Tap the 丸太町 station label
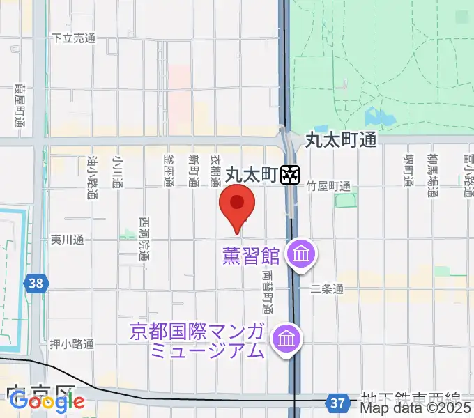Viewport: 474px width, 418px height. tap(251, 174)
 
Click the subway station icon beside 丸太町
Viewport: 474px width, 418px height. tap(290, 174)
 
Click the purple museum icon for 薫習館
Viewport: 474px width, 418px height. tap(302, 254)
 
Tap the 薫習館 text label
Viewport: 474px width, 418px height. tap(251, 256)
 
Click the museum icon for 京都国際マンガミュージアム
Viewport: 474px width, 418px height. tap(286, 339)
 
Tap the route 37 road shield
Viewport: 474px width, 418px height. tap(337, 402)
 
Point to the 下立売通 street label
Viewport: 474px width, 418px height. tap(73, 39)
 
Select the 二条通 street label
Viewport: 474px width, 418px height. tap(327, 288)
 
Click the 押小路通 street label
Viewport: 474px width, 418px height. tap(72, 343)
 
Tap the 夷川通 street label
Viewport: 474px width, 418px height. tap(67, 240)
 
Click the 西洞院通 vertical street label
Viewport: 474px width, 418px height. tap(144, 237)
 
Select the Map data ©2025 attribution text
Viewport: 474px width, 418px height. tap(416, 409)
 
